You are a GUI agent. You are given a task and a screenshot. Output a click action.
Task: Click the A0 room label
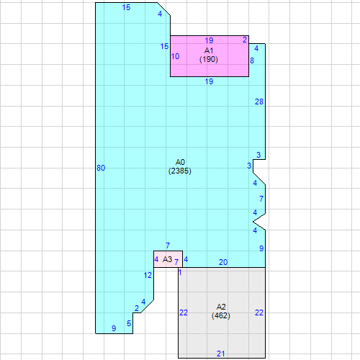[180, 161]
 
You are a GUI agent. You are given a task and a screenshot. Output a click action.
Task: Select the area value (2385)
[180, 171]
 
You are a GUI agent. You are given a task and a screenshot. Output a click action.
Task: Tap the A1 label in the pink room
[209, 51]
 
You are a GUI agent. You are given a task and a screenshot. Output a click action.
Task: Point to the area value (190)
[209, 60]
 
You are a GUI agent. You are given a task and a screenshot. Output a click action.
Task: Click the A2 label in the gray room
[221, 306]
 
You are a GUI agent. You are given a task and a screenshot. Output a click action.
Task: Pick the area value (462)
[221, 315]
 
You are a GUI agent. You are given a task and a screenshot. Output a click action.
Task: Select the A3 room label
[167, 259]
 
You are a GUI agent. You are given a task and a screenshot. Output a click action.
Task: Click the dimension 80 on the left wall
[101, 168]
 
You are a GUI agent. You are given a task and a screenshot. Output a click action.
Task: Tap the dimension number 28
[259, 102]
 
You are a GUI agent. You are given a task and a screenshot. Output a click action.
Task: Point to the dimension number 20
[223, 262]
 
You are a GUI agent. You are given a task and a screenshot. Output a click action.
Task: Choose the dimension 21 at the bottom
[221, 353]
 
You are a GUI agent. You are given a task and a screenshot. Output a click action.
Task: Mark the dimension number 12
[148, 275]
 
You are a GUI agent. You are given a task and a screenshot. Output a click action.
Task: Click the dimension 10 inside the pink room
[175, 56]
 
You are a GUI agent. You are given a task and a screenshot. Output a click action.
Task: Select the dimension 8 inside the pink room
[252, 60]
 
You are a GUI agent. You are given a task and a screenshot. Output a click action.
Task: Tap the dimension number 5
[129, 323]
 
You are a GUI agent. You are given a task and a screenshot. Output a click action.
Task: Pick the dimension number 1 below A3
[180, 272]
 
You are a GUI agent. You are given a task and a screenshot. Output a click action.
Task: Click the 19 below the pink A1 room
[209, 82]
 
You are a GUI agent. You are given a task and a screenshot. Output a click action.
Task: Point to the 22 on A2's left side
[184, 312]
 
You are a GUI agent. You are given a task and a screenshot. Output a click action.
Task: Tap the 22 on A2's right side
[259, 312]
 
